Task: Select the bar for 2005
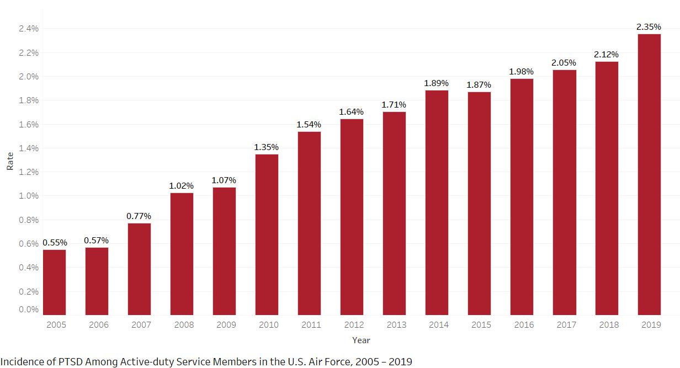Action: (x=54, y=282)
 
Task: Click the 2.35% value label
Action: (x=649, y=27)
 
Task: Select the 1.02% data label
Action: (x=181, y=186)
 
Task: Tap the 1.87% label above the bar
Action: (x=479, y=85)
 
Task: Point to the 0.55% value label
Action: (x=55, y=243)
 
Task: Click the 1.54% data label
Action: (x=309, y=125)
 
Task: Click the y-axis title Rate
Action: (x=10, y=161)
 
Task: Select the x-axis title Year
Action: (x=361, y=340)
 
